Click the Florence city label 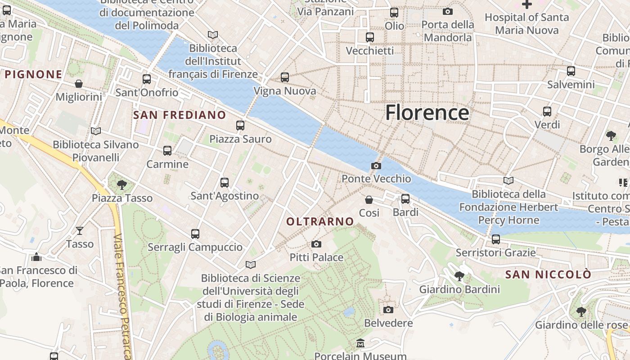[427, 112]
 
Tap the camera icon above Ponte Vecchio [376, 166]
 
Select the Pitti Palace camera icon [316, 244]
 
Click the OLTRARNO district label [320, 221]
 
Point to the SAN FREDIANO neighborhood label [180, 115]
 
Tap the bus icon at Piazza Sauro [240, 126]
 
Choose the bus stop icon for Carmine [167, 151]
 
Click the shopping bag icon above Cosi [369, 199]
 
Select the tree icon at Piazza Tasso [121, 184]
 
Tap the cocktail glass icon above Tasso [80, 231]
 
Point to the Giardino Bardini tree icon [459, 276]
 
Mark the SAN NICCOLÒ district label [548, 274]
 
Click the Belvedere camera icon [388, 310]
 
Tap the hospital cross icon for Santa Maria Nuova [526, 4]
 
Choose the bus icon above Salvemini [571, 71]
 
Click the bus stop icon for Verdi [547, 111]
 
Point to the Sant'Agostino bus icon [225, 183]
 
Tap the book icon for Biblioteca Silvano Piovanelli [95, 131]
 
